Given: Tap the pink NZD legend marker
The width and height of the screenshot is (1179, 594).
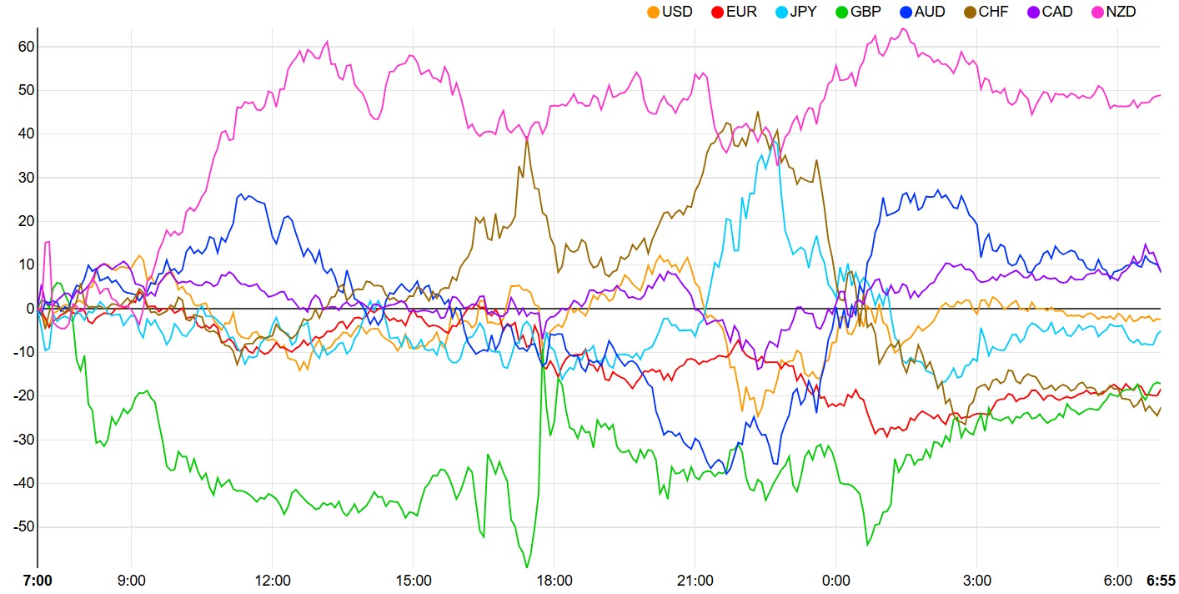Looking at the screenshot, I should pos(1098,13).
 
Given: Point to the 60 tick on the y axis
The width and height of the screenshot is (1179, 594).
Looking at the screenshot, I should pos(25,47).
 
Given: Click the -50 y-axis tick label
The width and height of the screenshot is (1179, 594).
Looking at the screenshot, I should pos(23,527).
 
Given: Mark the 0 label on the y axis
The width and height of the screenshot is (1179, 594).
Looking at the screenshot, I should pos(29,309).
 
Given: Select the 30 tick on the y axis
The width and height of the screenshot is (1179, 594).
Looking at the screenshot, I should pos(25,178).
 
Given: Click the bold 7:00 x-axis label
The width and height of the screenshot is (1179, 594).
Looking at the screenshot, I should pos(37,580).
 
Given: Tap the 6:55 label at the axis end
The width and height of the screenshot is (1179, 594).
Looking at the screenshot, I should pos(1161,580).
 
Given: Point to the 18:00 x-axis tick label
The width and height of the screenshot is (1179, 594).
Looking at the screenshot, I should pos(554,580).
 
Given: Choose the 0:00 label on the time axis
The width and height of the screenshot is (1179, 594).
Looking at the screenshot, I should pos(835,580).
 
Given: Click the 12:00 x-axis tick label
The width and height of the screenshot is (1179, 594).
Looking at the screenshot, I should pos(273,580).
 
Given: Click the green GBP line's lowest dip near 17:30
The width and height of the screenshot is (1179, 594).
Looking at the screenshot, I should pos(527,567).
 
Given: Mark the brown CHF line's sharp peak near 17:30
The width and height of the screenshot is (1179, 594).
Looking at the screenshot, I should pos(527,138).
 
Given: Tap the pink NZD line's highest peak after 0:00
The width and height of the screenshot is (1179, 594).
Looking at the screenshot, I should pos(902,29).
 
